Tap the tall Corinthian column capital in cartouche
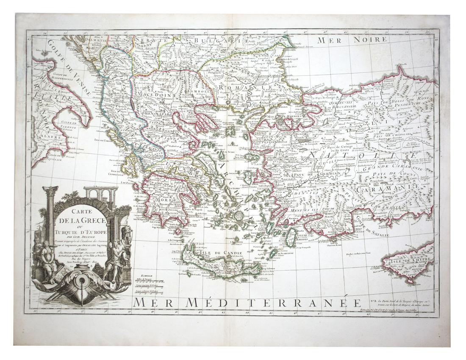click(x=50, y=191)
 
